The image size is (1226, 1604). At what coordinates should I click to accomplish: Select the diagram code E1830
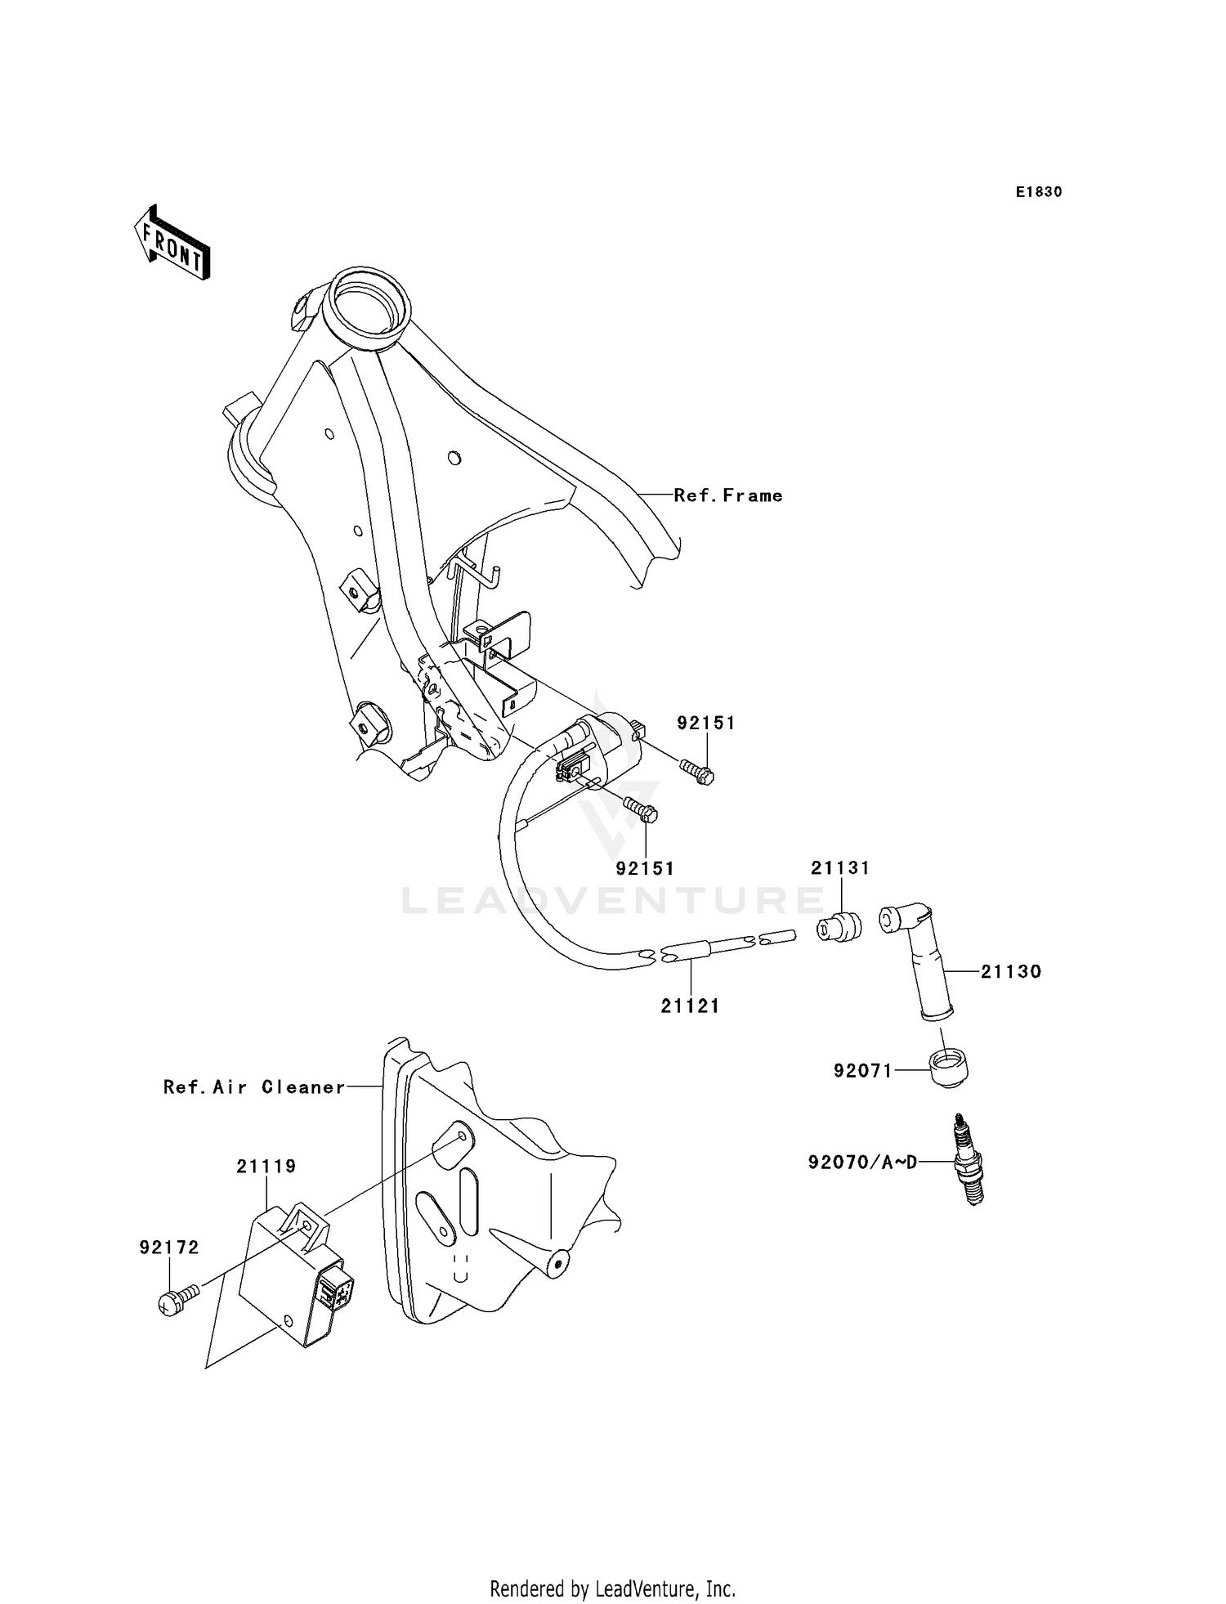pos(1039,192)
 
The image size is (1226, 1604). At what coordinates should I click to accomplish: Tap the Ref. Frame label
pos(728,495)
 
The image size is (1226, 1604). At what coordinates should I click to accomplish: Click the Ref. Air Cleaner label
pos(254,1087)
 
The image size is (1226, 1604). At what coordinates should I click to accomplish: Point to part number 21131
pos(840,867)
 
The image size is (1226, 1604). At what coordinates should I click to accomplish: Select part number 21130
pos(1011,972)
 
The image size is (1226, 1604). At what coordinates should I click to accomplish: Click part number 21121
pos(691,1006)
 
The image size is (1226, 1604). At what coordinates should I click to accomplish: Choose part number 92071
pos(863,1070)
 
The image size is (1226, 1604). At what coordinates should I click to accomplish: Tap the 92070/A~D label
pos(861,1162)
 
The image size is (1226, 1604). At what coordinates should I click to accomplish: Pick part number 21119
pos(266,1167)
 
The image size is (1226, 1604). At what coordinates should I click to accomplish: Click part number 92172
pos(169,1248)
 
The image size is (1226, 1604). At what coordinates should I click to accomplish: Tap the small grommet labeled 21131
pos(839,926)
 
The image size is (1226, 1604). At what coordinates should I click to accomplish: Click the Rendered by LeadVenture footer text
pos(613,1588)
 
